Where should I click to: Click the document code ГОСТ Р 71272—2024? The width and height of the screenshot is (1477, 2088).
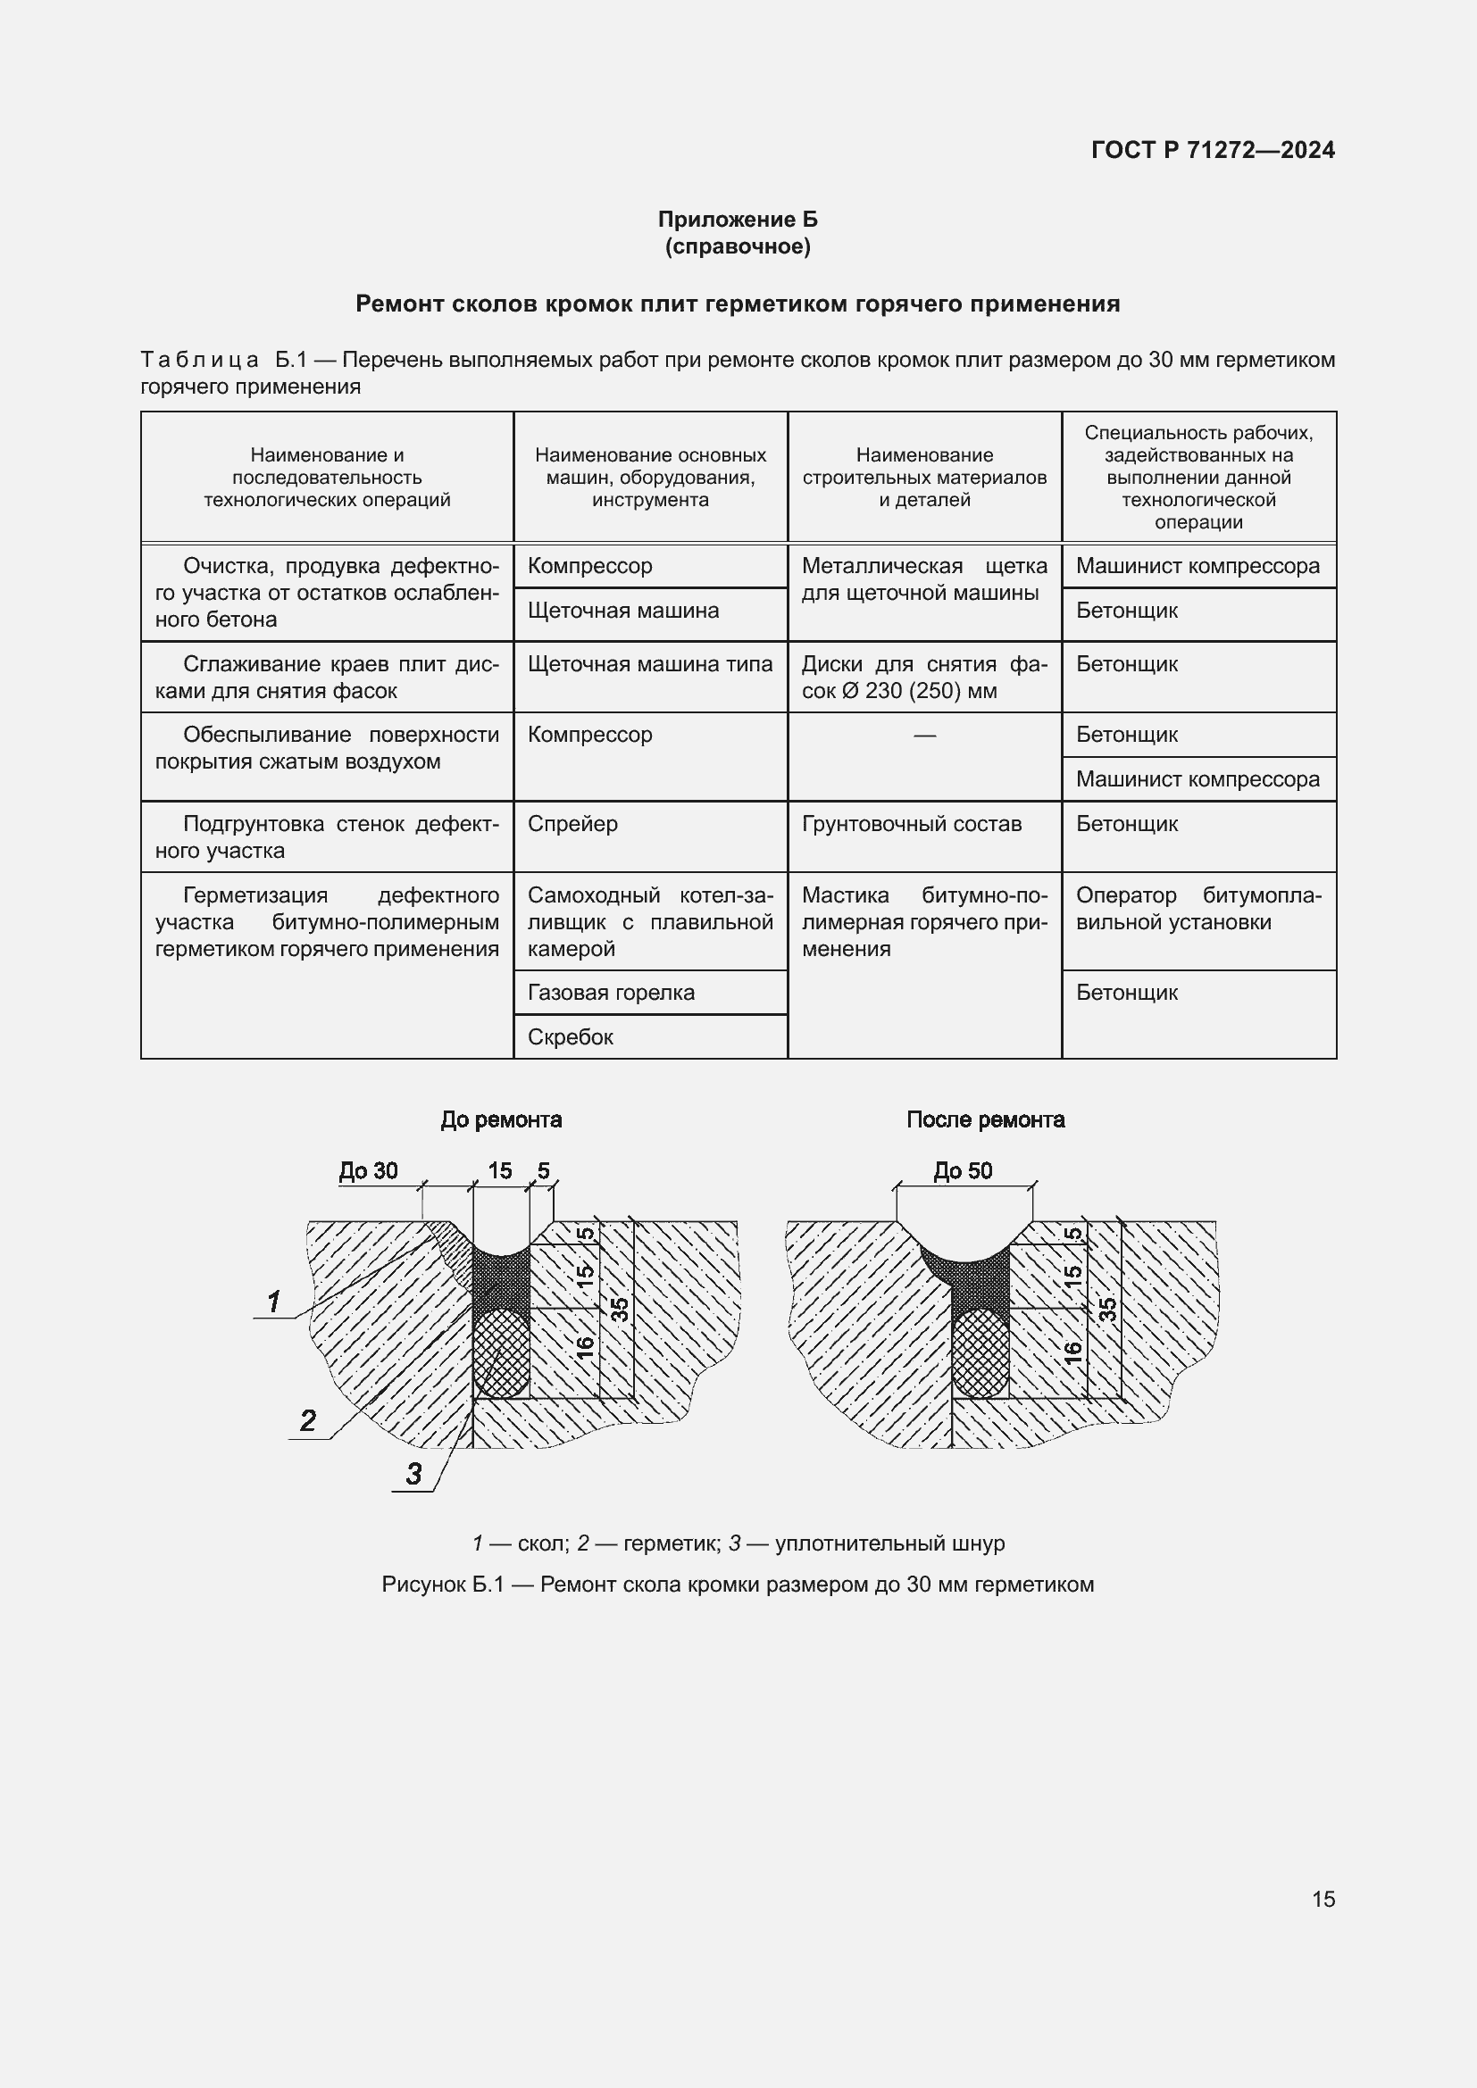point(1213,150)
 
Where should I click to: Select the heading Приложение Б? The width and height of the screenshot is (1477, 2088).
point(738,220)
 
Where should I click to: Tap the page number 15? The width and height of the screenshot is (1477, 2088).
point(1323,1898)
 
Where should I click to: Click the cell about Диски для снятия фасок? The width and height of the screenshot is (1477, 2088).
point(924,678)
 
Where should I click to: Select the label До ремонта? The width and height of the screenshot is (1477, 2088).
point(501,1119)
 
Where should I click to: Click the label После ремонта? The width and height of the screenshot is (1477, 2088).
point(985,1119)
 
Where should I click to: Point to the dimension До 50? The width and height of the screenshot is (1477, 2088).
point(963,1170)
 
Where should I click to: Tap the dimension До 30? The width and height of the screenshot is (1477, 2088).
point(368,1170)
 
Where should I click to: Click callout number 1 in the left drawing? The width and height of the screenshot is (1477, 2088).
point(274,1302)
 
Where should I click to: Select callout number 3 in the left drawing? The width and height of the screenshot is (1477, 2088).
point(413,1474)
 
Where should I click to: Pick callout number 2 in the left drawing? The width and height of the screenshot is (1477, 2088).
point(308,1420)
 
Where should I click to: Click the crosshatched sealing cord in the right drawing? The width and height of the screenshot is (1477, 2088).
point(980,1352)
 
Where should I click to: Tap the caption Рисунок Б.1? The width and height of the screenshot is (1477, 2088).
point(738,1585)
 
